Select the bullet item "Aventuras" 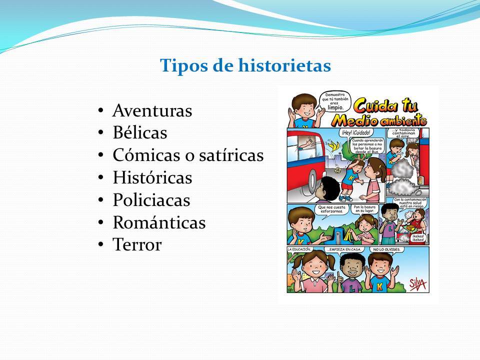152,110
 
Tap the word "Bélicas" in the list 139,133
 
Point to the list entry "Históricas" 152,177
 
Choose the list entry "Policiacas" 151,200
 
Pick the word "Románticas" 159,222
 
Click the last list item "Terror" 137,245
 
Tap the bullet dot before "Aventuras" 101,110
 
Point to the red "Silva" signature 418,283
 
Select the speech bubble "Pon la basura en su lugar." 364,209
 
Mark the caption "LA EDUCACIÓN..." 299,249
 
